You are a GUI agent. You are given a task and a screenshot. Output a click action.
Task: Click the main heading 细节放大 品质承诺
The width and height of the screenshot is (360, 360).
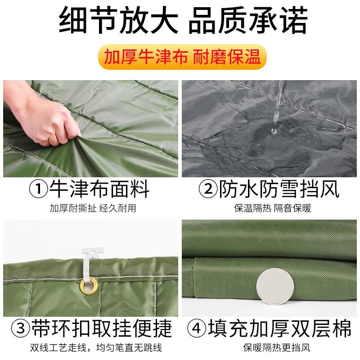pyautogui.click(x=183, y=20)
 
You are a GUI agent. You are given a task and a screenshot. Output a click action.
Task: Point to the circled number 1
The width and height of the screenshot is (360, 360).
pyautogui.click(x=38, y=189)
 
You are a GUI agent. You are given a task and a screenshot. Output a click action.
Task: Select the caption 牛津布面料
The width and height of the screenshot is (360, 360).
pyautogui.click(x=99, y=189)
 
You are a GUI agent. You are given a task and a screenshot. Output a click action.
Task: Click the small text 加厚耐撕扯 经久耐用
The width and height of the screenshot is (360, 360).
pyautogui.click(x=93, y=208)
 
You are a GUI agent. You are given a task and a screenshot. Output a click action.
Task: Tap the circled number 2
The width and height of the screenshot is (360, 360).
pyautogui.click(x=208, y=189)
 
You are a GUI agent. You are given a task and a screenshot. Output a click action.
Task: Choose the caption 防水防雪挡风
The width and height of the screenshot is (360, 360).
pyautogui.click(x=279, y=189)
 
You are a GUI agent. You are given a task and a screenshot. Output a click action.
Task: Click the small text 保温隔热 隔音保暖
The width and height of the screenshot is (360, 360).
pyautogui.click(x=273, y=208)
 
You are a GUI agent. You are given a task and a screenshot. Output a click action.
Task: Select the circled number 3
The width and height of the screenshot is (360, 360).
pyautogui.click(x=21, y=328)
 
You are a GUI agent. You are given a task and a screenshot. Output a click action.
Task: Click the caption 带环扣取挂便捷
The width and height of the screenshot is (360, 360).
pyautogui.click(x=102, y=328)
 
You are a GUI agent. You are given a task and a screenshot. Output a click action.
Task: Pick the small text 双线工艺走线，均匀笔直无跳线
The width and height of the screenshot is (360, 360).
pyautogui.click(x=96, y=348)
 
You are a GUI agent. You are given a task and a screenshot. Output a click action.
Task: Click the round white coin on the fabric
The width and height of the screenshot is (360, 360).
pyautogui.click(x=275, y=287)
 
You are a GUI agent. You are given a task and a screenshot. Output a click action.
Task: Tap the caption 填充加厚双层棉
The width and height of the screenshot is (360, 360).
pyautogui.click(x=279, y=328)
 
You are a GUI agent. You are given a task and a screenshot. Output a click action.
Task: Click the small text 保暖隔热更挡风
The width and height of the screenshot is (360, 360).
pyautogui.click(x=277, y=348)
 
